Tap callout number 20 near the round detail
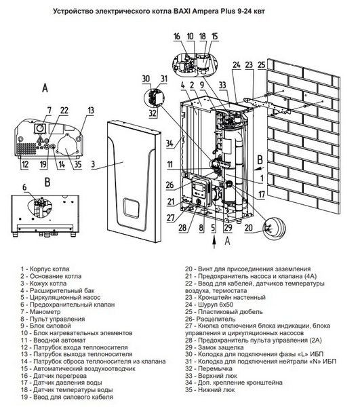pos(250,229)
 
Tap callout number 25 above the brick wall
pos(262,64)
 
